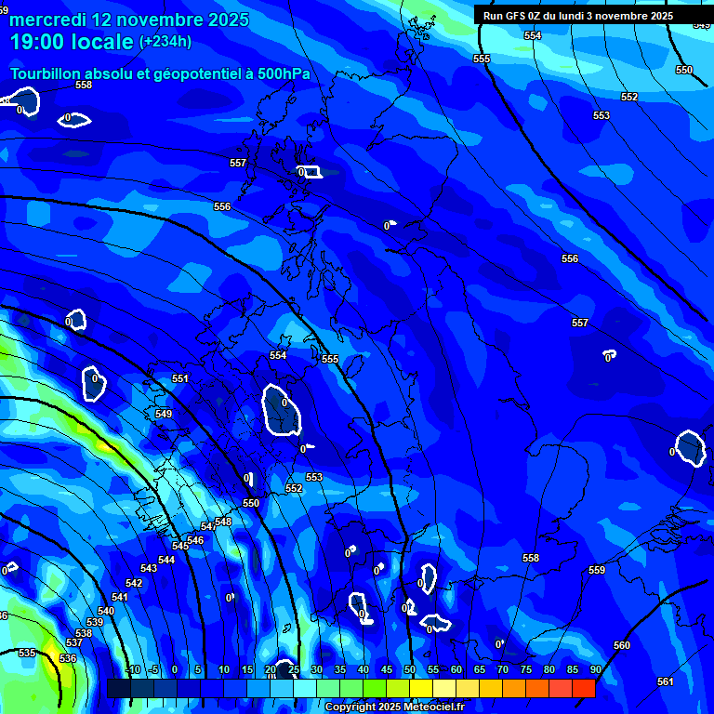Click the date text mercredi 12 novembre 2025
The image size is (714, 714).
pyautogui.click(x=129, y=20)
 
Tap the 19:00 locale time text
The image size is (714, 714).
pyautogui.click(x=71, y=41)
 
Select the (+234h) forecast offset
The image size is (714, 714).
pyautogui.click(x=165, y=41)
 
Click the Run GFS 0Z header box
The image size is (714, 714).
pyautogui.click(x=577, y=15)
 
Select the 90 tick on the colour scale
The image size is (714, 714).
pyautogui.click(x=595, y=669)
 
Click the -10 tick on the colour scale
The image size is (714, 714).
pyautogui.click(x=131, y=669)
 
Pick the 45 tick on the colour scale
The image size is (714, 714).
pyautogui.click(x=387, y=669)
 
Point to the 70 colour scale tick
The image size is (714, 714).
pyautogui.click(x=503, y=669)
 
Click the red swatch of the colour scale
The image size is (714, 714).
pyautogui.click(x=583, y=688)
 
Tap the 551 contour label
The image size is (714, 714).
pyautogui.click(x=180, y=378)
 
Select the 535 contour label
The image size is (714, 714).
pyautogui.click(x=27, y=654)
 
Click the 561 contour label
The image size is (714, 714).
pyautogui.click(x=665, y=681)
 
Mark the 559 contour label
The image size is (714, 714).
pyautogui.click(x=597, y=570)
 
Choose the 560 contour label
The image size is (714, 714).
pyautogui.click(x=622, y=645)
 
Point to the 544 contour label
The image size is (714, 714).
pyautogui.click(x=166, y=560)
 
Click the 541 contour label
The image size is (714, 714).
pyautogui.click(x=120, y=597)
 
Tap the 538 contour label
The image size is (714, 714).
pyautogui.click(x=84, y=633)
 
